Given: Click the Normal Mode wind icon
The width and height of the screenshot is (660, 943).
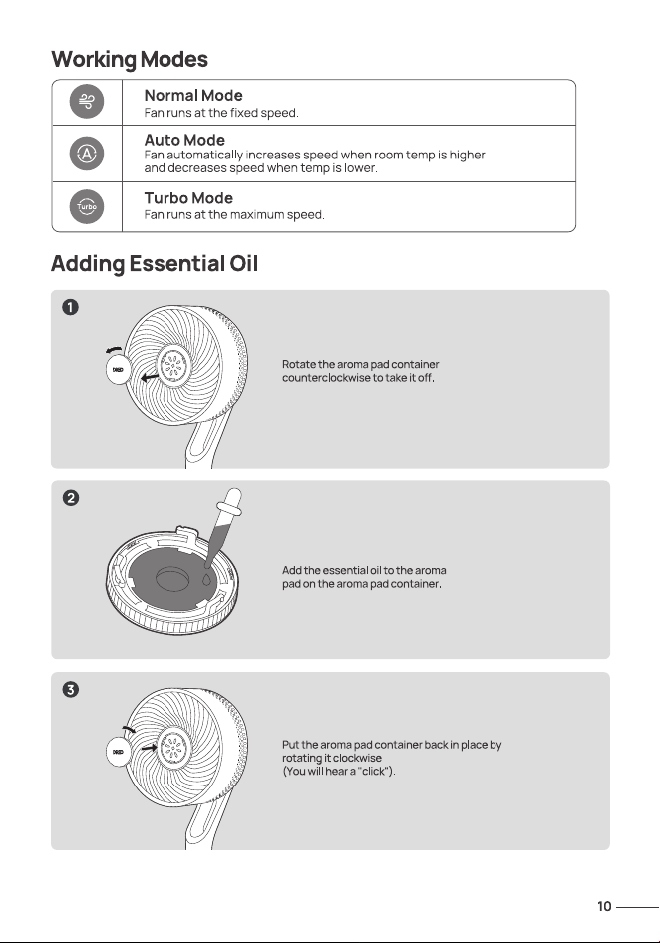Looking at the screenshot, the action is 87,101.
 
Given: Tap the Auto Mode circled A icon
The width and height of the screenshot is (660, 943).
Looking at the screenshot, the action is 87,154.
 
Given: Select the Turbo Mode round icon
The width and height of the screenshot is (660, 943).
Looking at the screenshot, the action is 87,207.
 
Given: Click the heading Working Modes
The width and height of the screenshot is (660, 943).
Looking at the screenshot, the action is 130,60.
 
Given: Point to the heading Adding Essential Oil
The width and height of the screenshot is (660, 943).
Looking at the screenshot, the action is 155,264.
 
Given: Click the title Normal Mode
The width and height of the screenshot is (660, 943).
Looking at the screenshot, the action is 193,95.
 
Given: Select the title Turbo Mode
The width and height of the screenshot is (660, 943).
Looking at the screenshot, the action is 188,197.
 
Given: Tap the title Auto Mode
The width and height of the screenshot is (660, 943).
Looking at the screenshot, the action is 184,140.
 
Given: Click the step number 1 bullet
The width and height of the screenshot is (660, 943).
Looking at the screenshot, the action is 71,307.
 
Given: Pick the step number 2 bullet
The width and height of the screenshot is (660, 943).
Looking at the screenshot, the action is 71,498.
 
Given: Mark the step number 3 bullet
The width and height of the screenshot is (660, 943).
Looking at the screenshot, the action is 71,689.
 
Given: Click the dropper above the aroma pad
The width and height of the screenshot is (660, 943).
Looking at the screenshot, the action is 222,527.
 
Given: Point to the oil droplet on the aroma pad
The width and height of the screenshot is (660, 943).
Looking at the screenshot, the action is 206,580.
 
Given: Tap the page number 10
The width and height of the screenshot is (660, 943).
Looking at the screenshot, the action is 604,906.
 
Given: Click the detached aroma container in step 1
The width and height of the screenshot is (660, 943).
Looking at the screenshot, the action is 118,369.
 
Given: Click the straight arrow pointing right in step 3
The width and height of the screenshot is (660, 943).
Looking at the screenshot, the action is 149,748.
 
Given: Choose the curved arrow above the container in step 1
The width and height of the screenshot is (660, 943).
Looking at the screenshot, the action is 114,350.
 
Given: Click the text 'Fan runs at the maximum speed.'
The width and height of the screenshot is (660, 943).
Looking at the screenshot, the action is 234,214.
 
